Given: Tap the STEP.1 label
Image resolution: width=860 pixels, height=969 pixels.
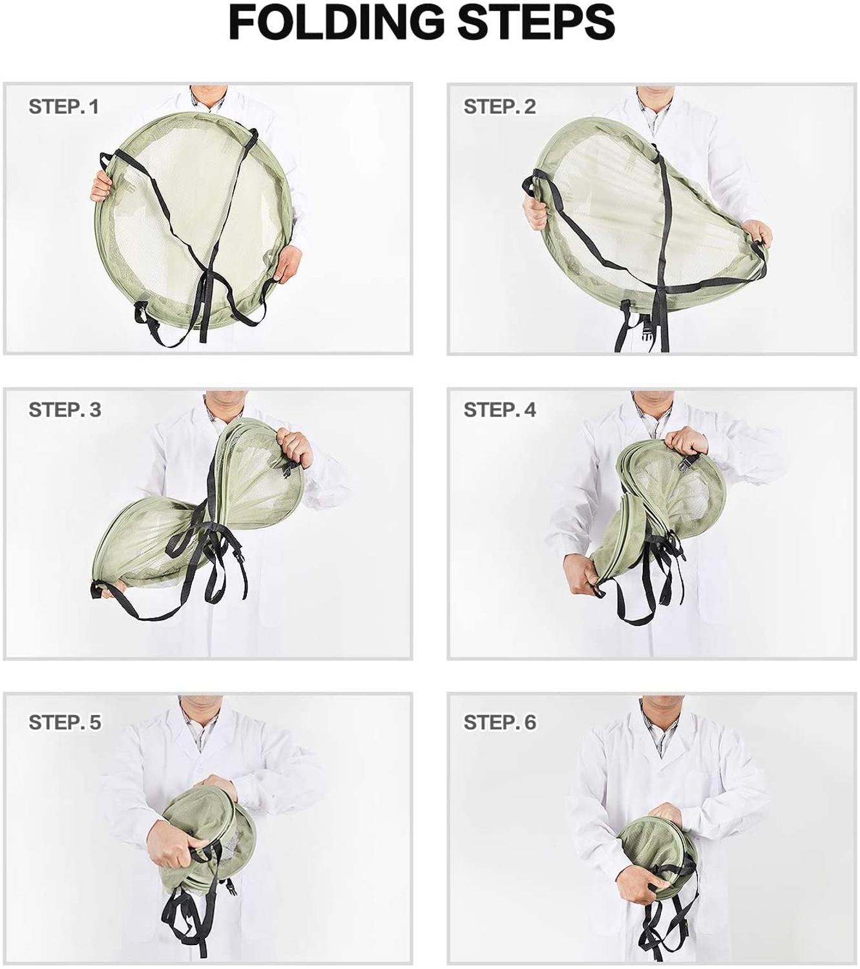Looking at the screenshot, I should coord(64,107).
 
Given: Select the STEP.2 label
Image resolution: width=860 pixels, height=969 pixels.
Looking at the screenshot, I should coord(499,107).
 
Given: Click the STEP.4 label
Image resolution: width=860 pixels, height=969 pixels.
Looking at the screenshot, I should coord(499,410).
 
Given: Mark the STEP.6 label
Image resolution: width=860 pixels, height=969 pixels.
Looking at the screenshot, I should coord(499,722).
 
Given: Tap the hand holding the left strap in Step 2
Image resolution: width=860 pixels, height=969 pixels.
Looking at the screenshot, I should coord(536,207).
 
